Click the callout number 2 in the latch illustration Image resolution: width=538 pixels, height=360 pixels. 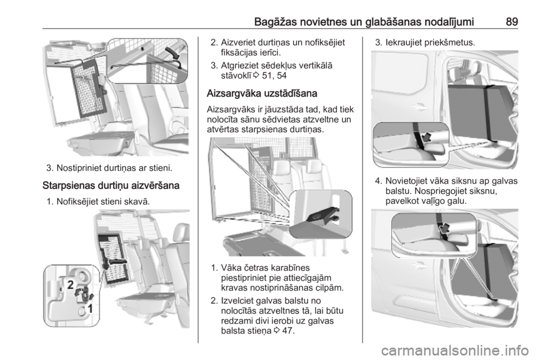[x=72, y=284]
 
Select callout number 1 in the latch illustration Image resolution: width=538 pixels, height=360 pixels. [x=89, y=308]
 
